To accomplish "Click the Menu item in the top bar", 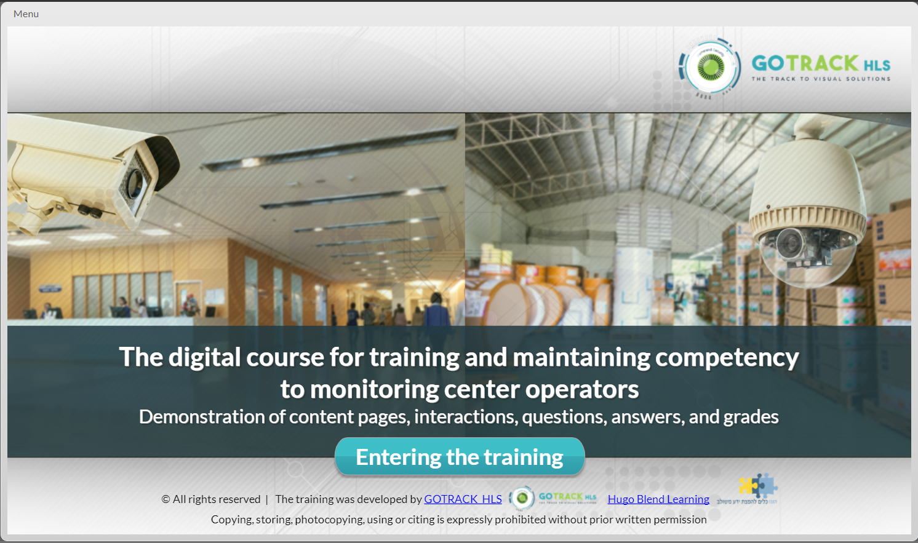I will click(26, 14).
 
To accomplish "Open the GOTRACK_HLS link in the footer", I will click(463, 499).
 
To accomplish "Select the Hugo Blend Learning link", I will click(658, 499).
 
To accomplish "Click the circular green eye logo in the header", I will click(710, 67).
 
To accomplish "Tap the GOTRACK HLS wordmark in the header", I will click(821, 63).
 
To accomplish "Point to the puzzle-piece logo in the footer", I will click(758, 486).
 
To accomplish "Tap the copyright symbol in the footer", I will click(166, 499).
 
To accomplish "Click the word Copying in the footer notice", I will click(232, 520).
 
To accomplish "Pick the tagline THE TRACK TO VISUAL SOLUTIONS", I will click(821, 79).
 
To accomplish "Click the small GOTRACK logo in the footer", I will click(554, 497).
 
